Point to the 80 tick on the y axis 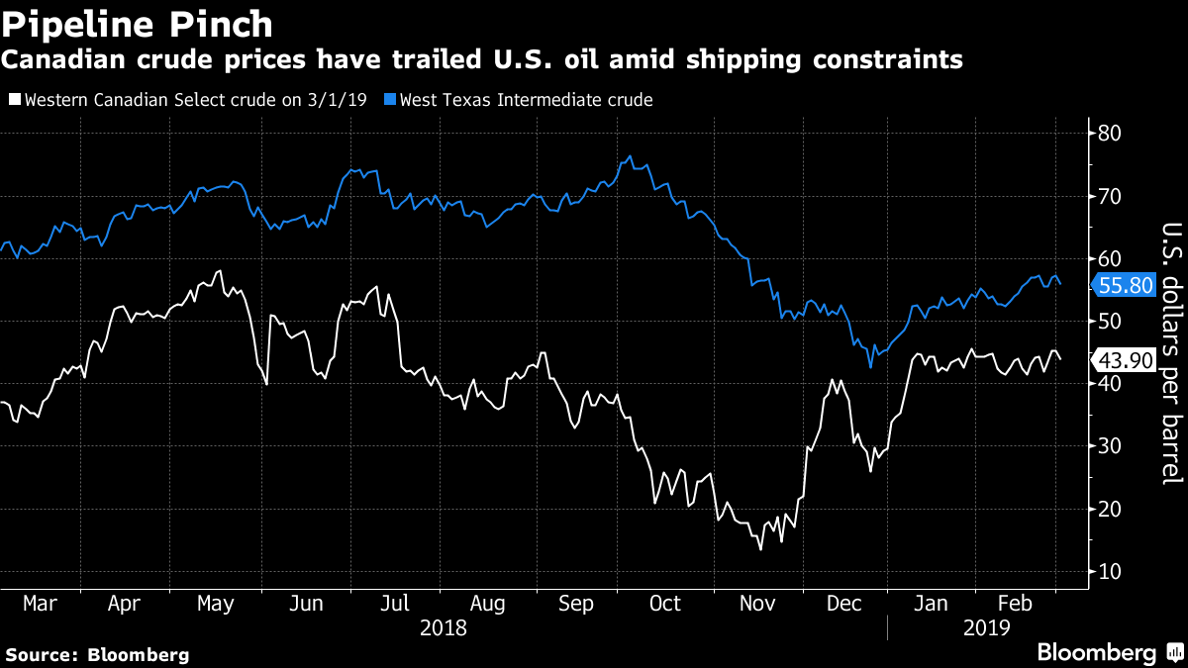[1109, 133]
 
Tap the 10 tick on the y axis [1109, 572]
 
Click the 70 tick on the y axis [1109, 196]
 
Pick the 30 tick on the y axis [1109, 446]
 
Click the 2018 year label [444, 626]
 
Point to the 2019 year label [985, 626]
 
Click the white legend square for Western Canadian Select [13, 100]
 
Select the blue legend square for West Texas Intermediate [390, 100]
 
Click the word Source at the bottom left [41, 654]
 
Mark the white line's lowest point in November [760, 548]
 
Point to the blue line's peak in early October [631, 156]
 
